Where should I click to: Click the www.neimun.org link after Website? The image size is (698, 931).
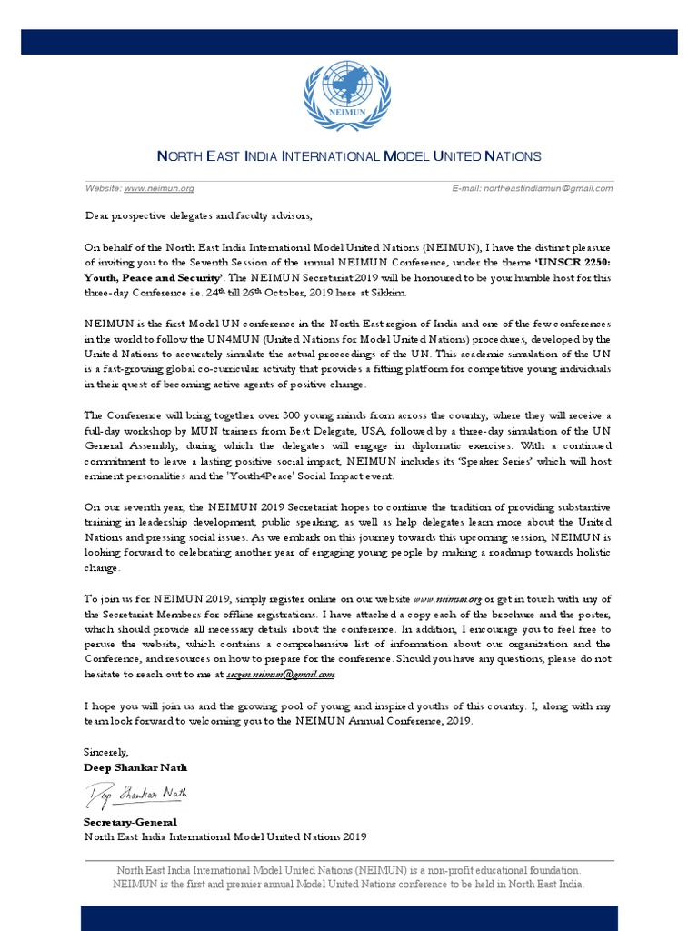pos(159,188)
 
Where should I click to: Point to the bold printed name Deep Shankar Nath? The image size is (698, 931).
pos(135,767)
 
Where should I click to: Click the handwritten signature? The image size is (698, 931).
pos(136,796)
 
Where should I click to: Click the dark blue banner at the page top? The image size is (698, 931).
pos(349,41)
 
